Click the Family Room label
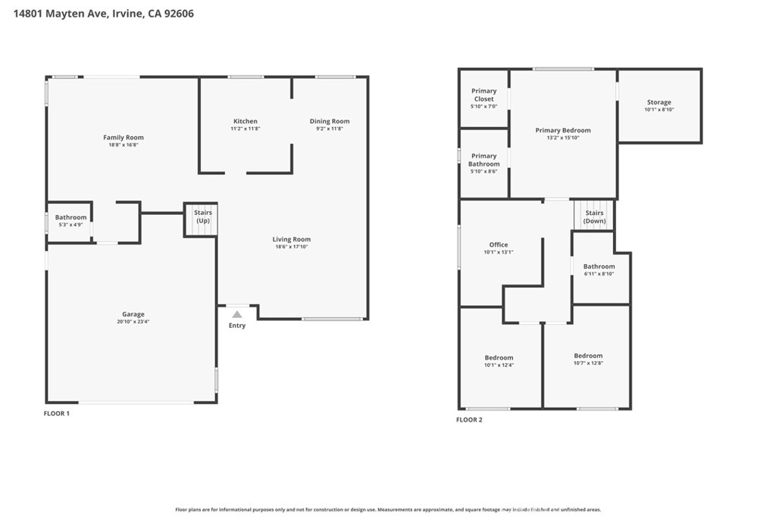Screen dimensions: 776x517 (124, 138)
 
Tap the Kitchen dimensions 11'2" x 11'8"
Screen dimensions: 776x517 (246, 129)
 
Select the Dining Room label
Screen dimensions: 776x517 (330, 121)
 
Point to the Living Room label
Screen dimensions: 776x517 (292, 239)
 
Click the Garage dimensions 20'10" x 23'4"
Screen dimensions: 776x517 (133, 321)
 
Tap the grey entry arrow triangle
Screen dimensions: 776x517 (237, 314)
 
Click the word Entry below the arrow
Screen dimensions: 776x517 (237, 325)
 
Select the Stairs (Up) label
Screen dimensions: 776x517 (203, 216)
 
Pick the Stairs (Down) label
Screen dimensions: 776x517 (594, 217)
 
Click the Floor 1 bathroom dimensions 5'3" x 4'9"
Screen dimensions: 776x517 (70, 225)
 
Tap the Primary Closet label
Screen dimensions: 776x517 (484, 95)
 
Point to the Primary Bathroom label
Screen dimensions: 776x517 (484, 160)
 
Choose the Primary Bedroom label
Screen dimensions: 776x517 (563, 130)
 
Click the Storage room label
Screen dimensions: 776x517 (659, 102)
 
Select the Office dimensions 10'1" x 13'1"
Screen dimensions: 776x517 (499, 252)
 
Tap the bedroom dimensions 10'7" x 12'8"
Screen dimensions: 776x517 (588, 363)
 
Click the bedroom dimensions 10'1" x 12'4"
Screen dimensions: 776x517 (499, 366)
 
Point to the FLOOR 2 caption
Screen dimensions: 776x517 (469, 419)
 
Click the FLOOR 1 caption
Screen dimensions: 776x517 (57, 413)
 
